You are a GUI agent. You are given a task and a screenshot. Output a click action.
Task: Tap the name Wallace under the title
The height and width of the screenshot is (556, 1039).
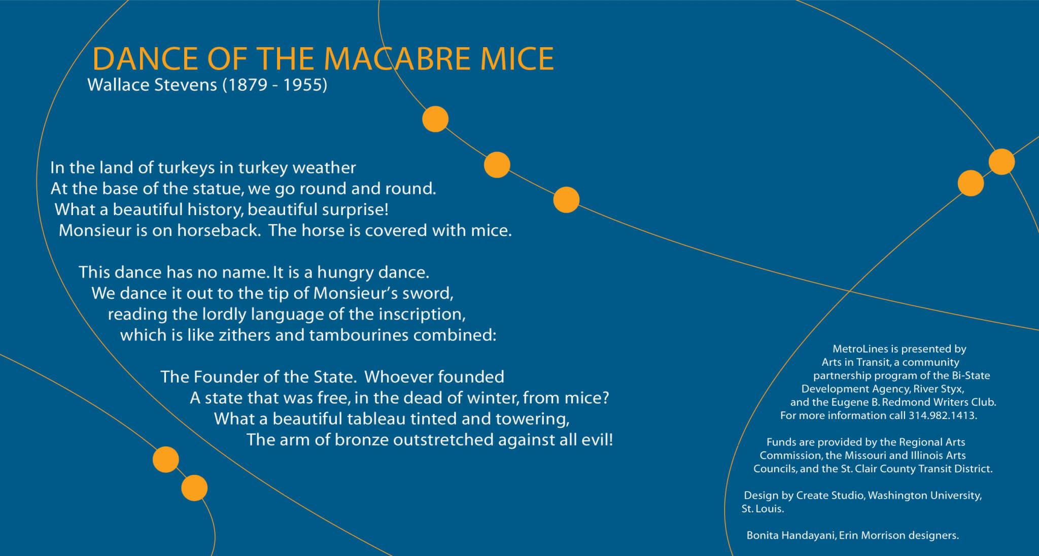117,84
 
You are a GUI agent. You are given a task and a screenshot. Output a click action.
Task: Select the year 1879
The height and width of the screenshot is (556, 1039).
247,84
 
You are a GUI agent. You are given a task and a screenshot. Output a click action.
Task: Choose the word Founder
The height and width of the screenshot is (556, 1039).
226,377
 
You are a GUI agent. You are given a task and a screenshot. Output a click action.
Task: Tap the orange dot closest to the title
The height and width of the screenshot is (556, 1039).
435,119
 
